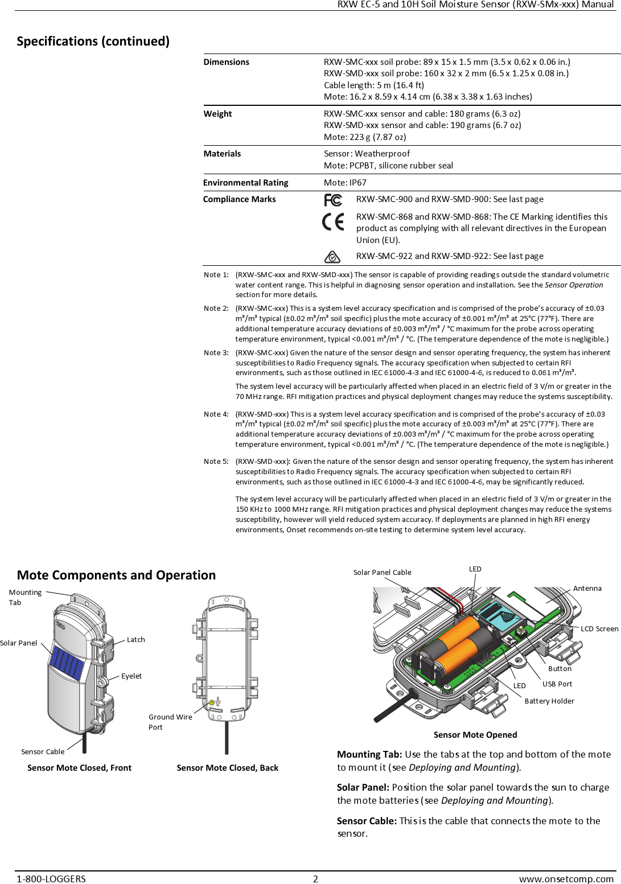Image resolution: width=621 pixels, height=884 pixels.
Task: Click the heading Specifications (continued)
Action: [93, 41]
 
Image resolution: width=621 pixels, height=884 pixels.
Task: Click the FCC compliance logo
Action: [332, 200]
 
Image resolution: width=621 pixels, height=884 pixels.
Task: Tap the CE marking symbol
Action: [333, 221]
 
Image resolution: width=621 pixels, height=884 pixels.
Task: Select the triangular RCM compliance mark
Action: [332, 257]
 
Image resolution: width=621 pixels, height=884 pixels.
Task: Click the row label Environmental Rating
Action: [245, 183]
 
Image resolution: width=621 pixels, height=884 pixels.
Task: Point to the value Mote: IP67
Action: [345, 183]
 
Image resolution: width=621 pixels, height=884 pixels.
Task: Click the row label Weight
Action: [217, 114]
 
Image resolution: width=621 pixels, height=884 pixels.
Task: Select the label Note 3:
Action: [216, 353]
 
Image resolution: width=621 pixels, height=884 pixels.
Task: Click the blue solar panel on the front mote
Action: [67, 664]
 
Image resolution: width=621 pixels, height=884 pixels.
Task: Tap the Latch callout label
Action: [135, 640]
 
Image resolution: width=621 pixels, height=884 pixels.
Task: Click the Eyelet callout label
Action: [131, 676]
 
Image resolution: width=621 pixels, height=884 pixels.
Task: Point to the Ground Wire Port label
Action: [170, 722]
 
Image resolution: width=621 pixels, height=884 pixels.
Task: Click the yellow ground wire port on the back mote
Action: [212, 703]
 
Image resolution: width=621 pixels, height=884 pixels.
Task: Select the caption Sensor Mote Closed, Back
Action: [227, 768]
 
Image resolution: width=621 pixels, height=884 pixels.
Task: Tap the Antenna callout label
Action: [587, 589]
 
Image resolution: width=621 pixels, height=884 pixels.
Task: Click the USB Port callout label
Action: [557, 684]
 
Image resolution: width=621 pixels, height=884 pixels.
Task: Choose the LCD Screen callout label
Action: [599, 629]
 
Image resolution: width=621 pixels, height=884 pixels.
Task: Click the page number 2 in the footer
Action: [315, 879]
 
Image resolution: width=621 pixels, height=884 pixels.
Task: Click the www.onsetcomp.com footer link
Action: [566, 879]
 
